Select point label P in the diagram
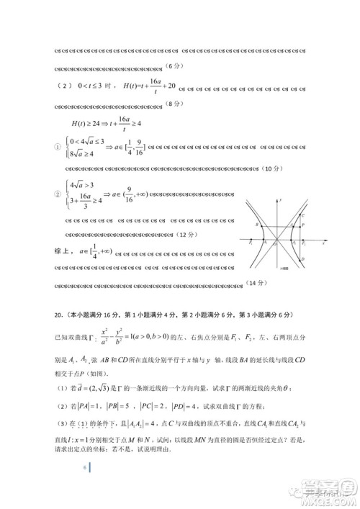[x=302, y=225]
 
